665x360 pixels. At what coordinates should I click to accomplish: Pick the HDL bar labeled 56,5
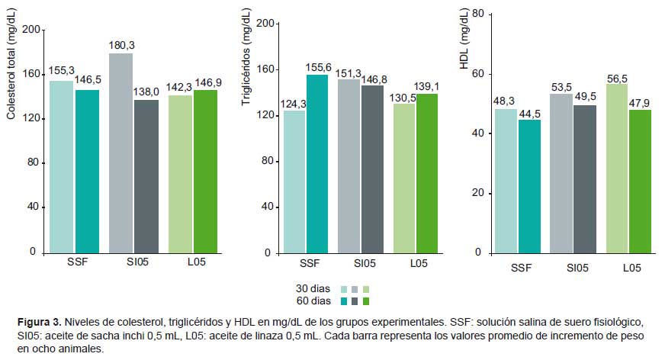tap(615, 168)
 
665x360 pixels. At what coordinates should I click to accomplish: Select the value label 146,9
tap(207, 82)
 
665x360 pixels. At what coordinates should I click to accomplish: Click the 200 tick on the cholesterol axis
tap(31, 29)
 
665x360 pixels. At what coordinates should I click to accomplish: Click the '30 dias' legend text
tap(313, 289)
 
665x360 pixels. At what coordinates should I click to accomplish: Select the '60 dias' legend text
tap(313, 301)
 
